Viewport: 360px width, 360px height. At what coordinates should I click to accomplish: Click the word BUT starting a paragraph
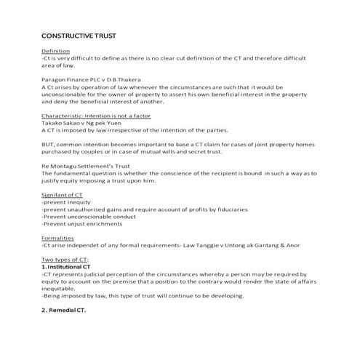49,145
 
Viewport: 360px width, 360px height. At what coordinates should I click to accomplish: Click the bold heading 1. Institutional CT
73,268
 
